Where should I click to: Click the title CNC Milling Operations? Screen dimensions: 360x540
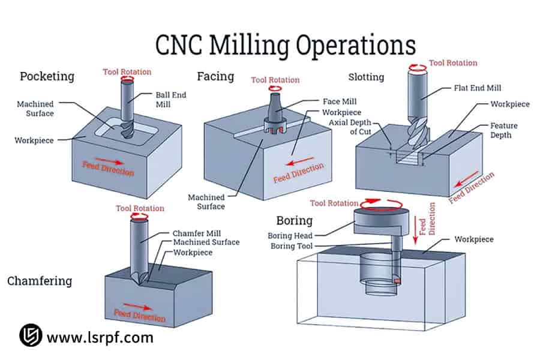point(285,45)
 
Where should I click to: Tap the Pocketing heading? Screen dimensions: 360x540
point(47,76)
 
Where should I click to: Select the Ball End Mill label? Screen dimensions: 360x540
point(171,100)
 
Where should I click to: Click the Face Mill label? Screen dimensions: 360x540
point(339,101)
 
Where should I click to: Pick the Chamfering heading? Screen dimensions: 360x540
point(40,281)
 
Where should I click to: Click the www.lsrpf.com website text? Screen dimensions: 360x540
point(100,337)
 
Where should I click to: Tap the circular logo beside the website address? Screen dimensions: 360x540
point(30,336)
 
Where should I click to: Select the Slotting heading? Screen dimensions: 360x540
point(366,77)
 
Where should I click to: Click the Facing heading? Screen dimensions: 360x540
point(215,76)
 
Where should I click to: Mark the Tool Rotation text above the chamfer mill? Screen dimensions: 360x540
point(140,208)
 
